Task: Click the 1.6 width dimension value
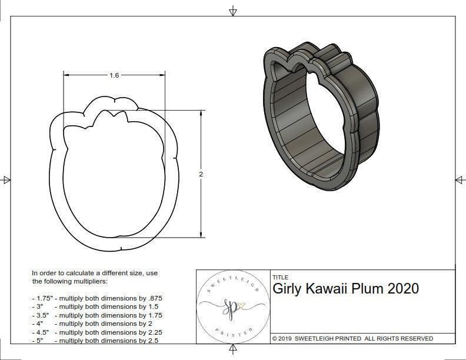114,75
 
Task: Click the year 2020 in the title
403,289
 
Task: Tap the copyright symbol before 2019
275,338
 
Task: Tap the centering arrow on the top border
233,11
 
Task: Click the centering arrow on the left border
6,179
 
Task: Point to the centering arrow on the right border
460,179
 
